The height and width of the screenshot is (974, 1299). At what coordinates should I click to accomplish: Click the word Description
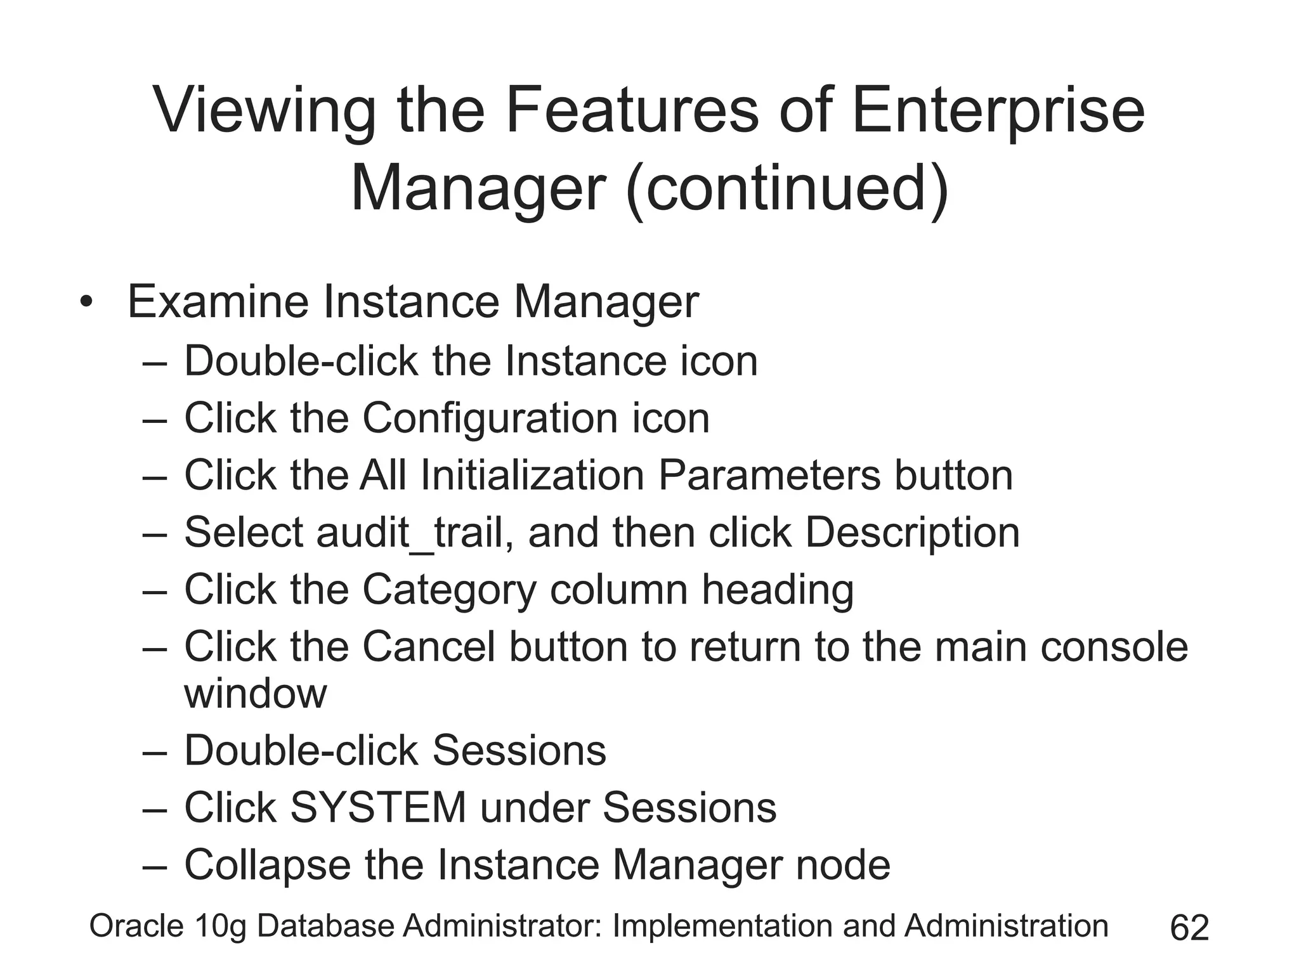pos(912,533)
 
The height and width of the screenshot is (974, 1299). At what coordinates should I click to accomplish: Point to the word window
pos(255,694)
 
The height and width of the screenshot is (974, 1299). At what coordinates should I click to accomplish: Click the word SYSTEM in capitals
pos(378,808)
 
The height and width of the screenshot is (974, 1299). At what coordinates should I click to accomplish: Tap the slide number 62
pos(1189,928)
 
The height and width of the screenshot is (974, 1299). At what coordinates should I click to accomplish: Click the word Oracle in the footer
pos(136,926)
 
